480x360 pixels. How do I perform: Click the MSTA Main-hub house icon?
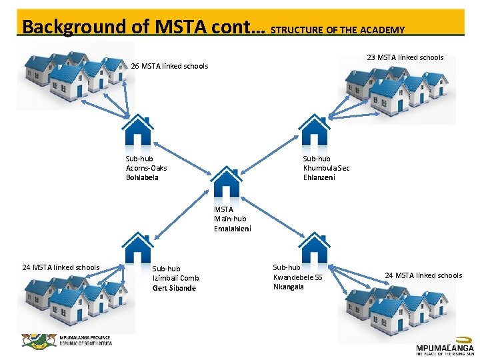pos(226,183)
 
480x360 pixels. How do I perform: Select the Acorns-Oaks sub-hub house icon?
pos(138,133)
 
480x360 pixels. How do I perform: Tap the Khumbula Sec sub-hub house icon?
pos(314,133)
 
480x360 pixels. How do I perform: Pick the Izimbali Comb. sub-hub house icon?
pos(138,248)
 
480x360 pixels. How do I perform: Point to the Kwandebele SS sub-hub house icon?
pos(314,248)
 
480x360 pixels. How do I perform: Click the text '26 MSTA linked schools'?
pos(169,66)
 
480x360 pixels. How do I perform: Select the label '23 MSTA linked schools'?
pos(405,57)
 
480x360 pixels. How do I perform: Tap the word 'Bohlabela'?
pos(142,177)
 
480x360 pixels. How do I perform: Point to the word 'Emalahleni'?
pos(233,228)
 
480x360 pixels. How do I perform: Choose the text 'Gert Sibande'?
pos(174,288)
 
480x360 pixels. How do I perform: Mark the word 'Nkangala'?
pos(288,287)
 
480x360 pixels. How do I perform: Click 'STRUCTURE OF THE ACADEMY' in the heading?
pos(338,29)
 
